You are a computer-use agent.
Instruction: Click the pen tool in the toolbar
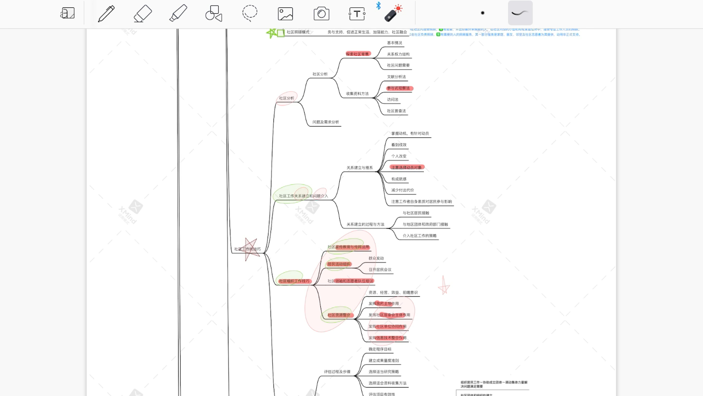tap(106, 13)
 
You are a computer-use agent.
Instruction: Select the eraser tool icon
tap(143, 13)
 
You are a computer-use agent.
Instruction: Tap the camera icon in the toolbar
tap(321, 13)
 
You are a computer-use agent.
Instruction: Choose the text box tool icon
tap(357, 13)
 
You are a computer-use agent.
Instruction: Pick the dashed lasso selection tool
tap(250, 13)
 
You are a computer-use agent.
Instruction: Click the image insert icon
tap(286, 13)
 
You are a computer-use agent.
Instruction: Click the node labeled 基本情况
tap(394, 43)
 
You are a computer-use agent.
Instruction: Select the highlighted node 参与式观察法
tap(399, 88)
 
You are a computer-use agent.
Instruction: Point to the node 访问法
tap(393, 100)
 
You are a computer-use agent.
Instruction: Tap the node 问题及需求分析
tap(326, 122)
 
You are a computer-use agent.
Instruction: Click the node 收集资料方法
tap(357, 94)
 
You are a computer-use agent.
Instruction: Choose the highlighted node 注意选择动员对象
tap(407, 167)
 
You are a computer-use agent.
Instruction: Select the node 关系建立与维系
tap(360, 168)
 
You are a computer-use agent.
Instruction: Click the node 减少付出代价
tap(402, 190)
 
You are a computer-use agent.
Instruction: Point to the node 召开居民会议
tap(380, 270)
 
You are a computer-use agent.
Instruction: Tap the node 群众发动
tap(376, 258)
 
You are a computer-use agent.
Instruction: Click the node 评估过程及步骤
tap(337, 372)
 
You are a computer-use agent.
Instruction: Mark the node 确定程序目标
tap(380, 350)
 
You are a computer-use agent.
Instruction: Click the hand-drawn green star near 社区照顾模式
tap(272, 33)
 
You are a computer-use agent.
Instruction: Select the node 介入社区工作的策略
tap(419, 236)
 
